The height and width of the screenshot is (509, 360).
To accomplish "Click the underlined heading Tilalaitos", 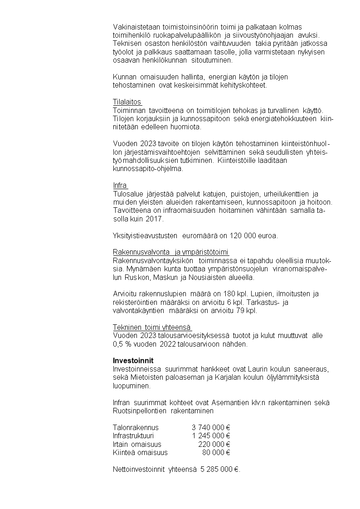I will pos(127,102).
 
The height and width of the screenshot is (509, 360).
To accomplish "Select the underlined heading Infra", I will pos(120,185).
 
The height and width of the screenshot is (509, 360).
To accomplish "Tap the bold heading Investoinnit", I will pos(133,360).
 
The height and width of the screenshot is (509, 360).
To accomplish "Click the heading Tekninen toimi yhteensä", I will pos(151,327).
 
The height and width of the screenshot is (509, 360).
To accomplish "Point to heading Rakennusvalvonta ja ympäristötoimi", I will pos(170,252).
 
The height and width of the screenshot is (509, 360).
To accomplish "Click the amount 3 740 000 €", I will pos(211,427).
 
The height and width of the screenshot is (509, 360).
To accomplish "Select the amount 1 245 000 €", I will pos(211,436).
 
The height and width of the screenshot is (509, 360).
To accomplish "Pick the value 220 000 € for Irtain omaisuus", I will pos(214,444).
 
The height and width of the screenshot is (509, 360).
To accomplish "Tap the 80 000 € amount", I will pos(216,452).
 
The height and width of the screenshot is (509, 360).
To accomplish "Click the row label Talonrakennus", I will pos(136,427).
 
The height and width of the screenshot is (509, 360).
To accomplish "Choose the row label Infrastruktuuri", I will pos(133,436).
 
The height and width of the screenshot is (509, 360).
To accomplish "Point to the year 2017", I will pos(154,219).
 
